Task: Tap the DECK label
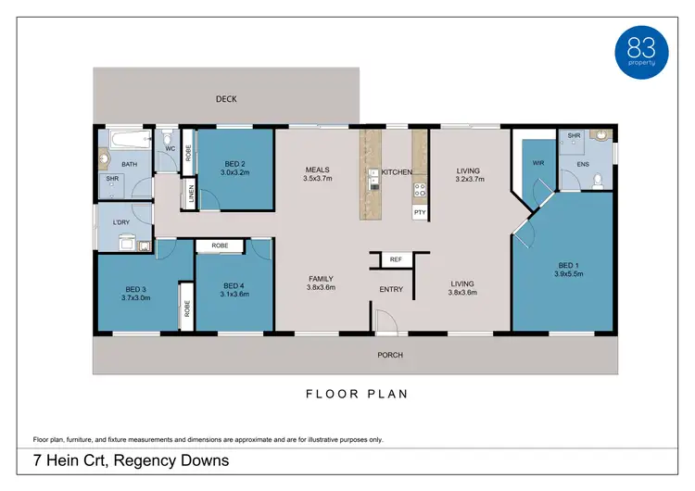point(227,98)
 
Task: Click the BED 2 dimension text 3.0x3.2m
point(234,172)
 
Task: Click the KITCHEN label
point(397,172)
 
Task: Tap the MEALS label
point(318,170)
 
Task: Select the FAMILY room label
point(321,279)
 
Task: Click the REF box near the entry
point(395,260)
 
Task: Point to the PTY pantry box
point(420,212)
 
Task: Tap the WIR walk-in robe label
point(537,163)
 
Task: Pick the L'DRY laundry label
point(120,222)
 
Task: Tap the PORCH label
point(389,355)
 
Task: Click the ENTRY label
point(391,290)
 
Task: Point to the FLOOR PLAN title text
point(357,394)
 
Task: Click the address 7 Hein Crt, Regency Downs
point(132,460)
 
